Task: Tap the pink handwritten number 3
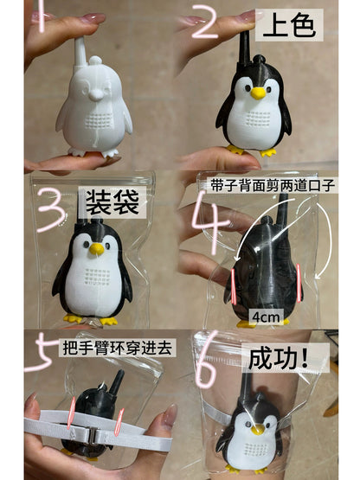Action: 50,209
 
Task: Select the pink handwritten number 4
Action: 211,221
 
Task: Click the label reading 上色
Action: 289,25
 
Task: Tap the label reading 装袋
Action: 112,202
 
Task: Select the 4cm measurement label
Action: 266,317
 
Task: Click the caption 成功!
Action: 282,358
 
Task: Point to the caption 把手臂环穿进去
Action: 117,348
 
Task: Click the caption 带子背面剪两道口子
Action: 273,185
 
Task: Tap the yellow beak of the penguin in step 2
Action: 258,93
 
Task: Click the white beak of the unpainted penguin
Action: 97,95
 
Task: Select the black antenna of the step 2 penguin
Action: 245,47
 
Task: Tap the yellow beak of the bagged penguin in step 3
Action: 97,249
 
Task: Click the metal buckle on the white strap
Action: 92,434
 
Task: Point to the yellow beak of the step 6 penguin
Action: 258,429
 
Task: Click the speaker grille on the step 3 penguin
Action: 98,277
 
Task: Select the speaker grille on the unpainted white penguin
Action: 99,120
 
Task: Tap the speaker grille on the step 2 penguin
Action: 258,118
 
